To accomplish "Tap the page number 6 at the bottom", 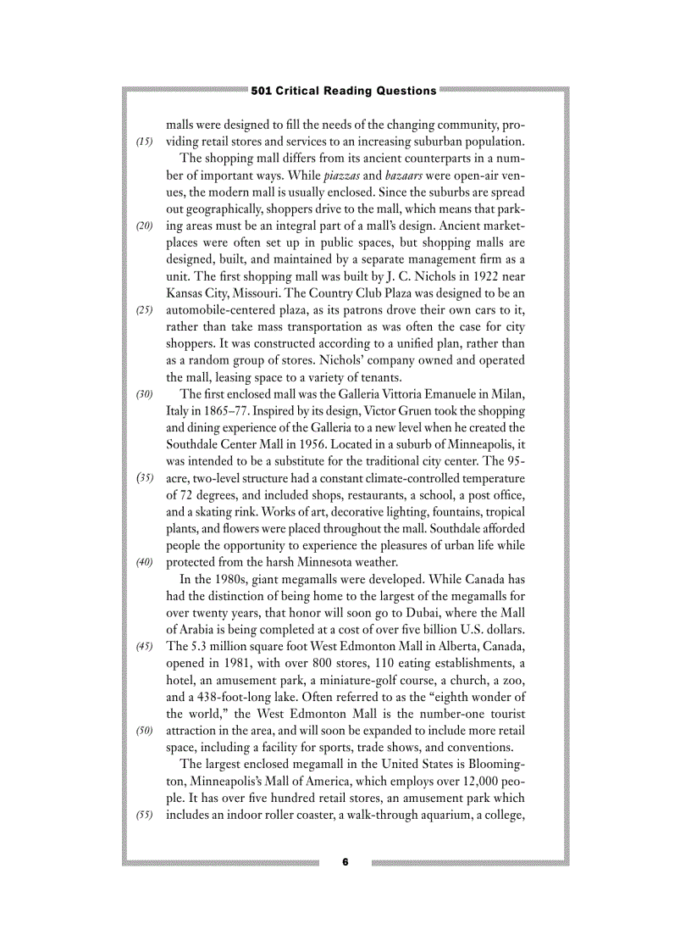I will [345, 862].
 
